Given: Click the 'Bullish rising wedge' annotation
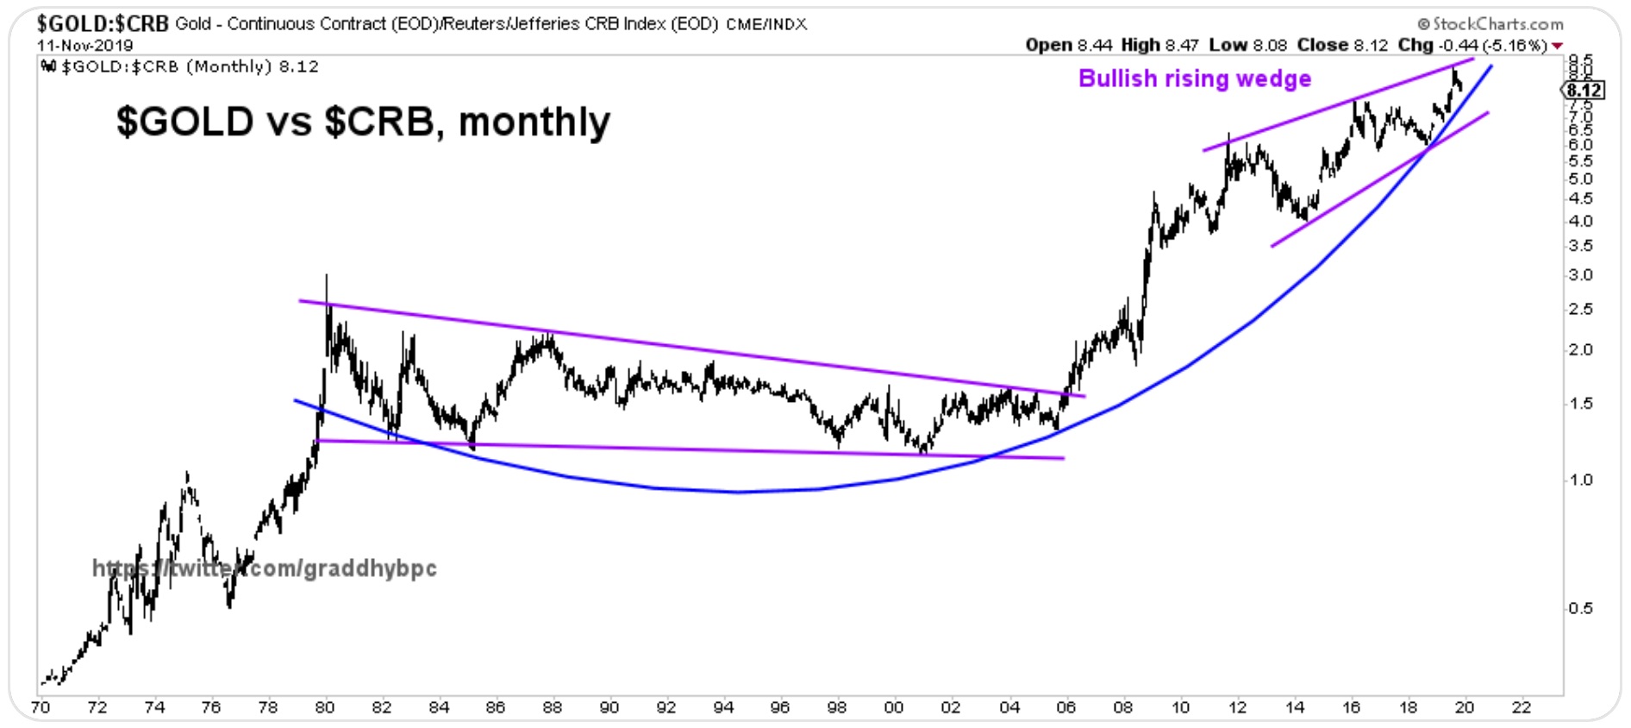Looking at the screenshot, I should pos(1194,78).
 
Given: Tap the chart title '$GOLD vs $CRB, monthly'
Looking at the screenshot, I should pos(363,122).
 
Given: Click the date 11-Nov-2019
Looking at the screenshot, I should pos(84,45).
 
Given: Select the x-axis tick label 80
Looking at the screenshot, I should pos(324,708).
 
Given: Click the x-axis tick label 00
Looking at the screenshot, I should pos(894,708).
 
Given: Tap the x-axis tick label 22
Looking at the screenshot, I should pos(1521,708).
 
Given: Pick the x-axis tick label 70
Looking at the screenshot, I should pos(40,708).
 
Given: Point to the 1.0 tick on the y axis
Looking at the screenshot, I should pos(1581,480).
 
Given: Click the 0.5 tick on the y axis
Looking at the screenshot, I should pos(1581,609).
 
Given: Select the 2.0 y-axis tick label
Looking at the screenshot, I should pos(1581,350).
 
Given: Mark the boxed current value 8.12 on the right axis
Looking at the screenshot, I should pos(1584,91).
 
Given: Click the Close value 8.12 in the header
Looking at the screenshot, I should pos(1371,45).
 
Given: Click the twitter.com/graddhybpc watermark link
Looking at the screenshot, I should pos(264,568).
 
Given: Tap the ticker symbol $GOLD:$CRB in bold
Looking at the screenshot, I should pos(103,23).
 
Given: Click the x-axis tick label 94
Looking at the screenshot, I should pos(722,708).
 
